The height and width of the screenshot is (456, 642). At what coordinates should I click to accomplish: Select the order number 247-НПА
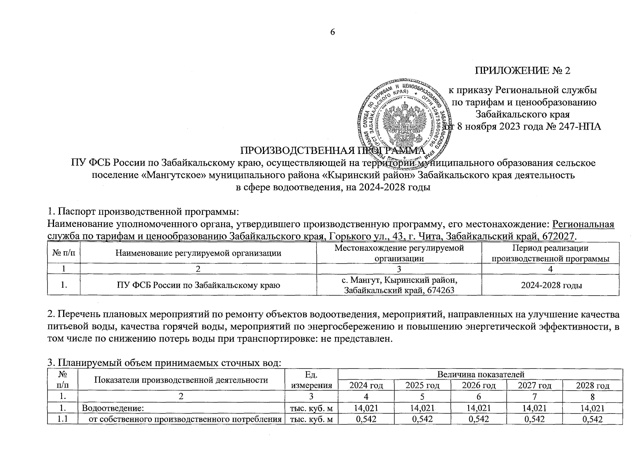580,127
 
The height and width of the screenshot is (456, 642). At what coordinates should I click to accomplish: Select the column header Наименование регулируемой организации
198,253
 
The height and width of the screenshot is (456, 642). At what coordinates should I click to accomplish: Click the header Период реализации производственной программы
550,253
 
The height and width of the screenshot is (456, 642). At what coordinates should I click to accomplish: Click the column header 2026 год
478,385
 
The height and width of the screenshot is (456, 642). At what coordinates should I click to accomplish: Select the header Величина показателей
481,375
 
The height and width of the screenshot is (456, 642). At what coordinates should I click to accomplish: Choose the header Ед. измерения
311,380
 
